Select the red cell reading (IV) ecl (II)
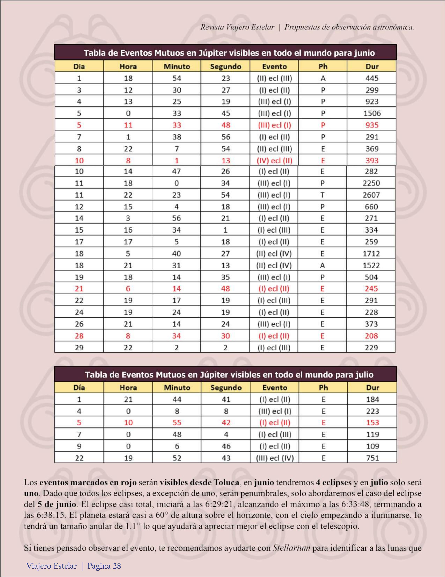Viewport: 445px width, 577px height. (x=274, y=161)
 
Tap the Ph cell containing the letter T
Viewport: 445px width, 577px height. (x=322, y=195)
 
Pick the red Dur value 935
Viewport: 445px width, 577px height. (x=372, y=125)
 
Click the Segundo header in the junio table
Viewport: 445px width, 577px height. (x=225, y=66)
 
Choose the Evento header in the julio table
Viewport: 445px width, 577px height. (x=275, y=388)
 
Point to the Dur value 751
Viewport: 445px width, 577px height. (x=372, y=458)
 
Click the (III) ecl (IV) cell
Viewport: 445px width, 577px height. (x=275, y=458)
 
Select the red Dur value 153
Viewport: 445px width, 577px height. (x=372, y=423)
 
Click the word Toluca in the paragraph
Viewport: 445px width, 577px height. (x=226, y=483)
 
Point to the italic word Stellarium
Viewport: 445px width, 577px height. (x=291, y=548)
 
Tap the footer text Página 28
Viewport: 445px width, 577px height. (x=104, y=566)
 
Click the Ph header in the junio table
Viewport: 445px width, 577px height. (x=323, y=66)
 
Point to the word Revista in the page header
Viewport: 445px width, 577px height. (x=212, y=27)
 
